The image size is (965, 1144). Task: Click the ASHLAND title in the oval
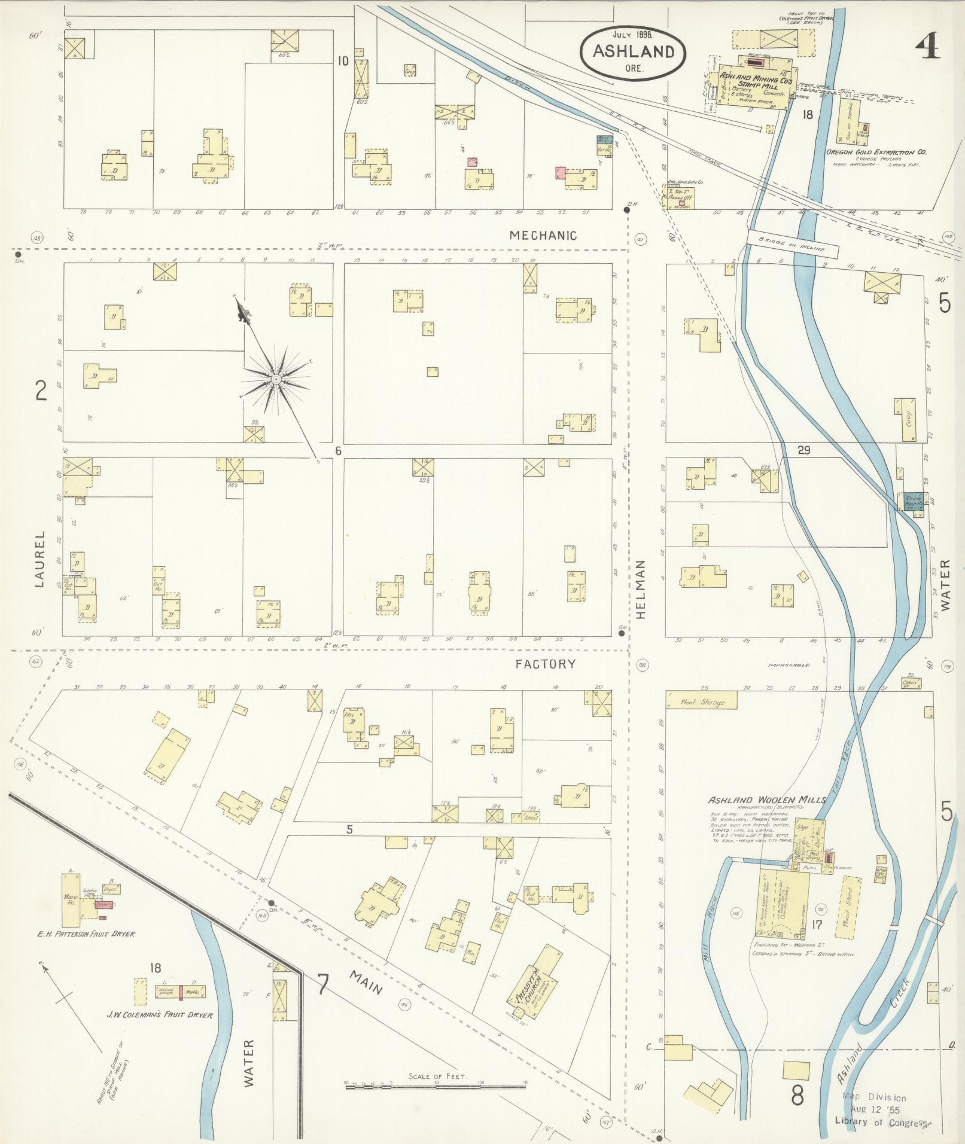[633, 51]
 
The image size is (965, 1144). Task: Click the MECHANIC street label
[543, 236]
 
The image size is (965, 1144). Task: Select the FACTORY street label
[546, 664]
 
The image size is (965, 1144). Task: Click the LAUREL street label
[39, 559]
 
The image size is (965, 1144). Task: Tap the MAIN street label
[366, 982]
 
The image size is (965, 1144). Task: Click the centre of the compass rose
[276, 379]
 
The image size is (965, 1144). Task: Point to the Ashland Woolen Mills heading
[766, 800]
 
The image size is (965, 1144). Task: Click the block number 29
[803, 450]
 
